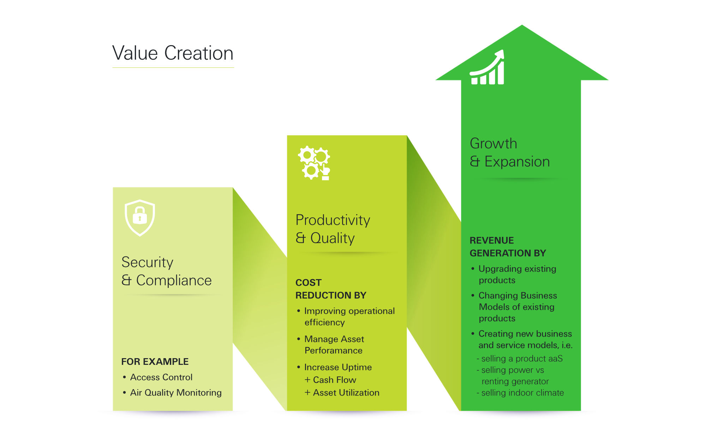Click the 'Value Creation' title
click(x=173, y=53)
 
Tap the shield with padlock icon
click(x=140, y=217)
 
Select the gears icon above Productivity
click(x=314, y=163)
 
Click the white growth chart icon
click(x=487, y=68)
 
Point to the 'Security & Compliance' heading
click(x=166, y=271)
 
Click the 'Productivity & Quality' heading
click(x=333, y=229)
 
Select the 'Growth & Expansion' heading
click(x=509, y=152)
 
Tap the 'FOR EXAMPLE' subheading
click(x=155, y=362)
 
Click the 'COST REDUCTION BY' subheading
click(x=330, y=289)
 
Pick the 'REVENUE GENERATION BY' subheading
click(x=507, y=247)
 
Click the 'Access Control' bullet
click(x=161, y=377)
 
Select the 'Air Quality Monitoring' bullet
click(x=175, y=393)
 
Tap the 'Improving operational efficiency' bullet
click(x=349, y=317)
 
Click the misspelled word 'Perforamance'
click(x=333, y=350)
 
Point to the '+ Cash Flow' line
click(x=330, y=380)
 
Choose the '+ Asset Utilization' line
click(x=342, y=393)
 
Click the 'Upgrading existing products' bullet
click(x=517, y=275)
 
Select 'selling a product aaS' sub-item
click(x=521, y=359)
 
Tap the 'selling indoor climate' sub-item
click(x=522, y=393)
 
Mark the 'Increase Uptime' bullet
click(x=337, y=367)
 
